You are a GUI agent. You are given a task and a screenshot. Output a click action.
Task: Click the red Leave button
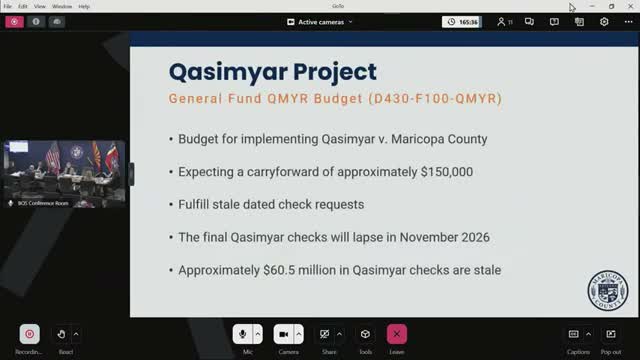[x=397, y=334]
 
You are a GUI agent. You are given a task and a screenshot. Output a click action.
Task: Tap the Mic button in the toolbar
[x=242, y=334]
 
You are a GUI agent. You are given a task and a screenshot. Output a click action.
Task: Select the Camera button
[x=283, y=334]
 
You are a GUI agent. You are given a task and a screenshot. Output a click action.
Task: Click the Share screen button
[x=325, y=334]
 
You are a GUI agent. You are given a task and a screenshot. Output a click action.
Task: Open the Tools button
[x=366, y=334]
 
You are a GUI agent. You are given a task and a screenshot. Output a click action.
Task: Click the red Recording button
[x=29, y=334]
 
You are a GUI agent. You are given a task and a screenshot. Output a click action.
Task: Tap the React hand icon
[x=61, y=334]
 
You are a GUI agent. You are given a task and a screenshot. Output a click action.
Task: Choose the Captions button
[x=573, y=334]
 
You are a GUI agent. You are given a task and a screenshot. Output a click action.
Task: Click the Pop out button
[x=610, y=334]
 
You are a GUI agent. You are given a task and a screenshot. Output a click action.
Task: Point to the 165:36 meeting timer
[x=463, y=22]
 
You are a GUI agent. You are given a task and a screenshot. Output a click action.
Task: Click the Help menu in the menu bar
[x=84, y=6]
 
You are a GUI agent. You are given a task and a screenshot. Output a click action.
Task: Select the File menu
[x=8, y=6]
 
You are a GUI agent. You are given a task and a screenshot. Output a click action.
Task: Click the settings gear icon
[x=604, y=22]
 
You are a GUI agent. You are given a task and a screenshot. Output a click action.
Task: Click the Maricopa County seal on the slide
[x=606, y=292]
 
